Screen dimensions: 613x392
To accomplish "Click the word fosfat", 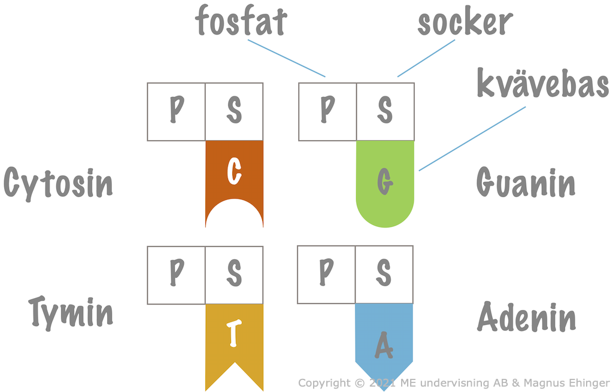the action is pyautogui.click(x=241, y=21).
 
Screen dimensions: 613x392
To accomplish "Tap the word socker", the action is pyautogui.click(x=465, y=22).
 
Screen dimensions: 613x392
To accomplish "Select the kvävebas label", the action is pyautogui.click(x=542, y=83).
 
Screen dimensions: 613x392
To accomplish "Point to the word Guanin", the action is pyautogui.click(x=526, y=182).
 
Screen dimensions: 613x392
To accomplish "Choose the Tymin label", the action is pyautogui.click(x=71, y=313).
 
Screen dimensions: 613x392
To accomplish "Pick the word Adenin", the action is pyautogui.click(x=527, y=317).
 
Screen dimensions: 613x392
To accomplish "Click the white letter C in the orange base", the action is pyautogui.click(x=234, y=171).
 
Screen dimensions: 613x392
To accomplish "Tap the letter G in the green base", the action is pyautogui.click(x=385, y=182).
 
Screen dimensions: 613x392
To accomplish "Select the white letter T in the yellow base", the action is pyautogui.click(x=234, y=333).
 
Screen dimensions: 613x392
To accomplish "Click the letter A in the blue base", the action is pyautogui.click(x=384, y=345).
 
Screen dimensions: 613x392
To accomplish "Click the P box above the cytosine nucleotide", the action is pyautogui.click(x=177, y=112).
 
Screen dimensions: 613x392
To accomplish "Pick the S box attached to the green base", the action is pyautogui.click(x=385, y=112).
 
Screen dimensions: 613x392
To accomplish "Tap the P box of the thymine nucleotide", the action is pyautogui.click(x=177, y=275).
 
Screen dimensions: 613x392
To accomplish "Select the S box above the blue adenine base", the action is pyautogui.click(x=384, y=275).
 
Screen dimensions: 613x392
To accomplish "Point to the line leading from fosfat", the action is pyautogui.click(x=287, y=58).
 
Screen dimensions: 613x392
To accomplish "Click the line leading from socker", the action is pyautogui.click(x=426, y=58).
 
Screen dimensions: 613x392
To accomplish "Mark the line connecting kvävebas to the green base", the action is pyautogui.click(x=472, y=139).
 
